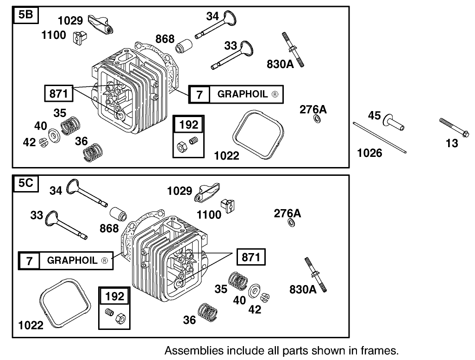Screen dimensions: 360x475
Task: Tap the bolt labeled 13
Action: click(450, 126)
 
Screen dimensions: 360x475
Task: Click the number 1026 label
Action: click(369, 153)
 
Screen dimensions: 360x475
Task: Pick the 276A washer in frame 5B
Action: click(317, 120)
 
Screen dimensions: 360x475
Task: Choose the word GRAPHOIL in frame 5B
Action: click(243, 94)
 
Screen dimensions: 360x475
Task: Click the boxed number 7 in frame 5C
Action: click(29, 261)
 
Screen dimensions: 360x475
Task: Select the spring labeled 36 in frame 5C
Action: click(207, 311)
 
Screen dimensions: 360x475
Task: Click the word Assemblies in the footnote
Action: click(189, 350)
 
